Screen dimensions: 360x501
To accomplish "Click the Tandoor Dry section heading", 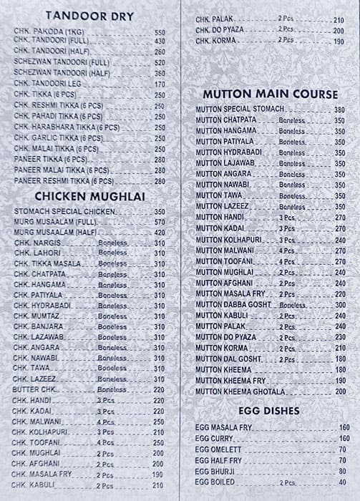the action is pyautogui.click(x=89, y=16).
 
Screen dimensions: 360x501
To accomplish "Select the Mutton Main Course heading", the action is pyautogui.click(x=270, y=94).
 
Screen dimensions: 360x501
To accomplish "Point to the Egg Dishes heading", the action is pyautogui.click(x=270, y=411).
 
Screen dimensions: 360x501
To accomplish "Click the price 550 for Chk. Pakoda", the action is pyautogui.click(x=159, y=33).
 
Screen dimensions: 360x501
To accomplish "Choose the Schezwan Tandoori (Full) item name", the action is pyautogui.click(x=62, y=63).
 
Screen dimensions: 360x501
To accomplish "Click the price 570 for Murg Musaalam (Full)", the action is pyautogui.click(x=159, y=222).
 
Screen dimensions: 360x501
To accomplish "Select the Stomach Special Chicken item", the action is pyautogui.click(x=64, y=212).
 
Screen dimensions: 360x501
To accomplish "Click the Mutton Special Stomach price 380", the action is pyautogui.click(x=339, y=110).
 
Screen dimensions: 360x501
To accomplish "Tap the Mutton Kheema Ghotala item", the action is pyautogui.click(x=240, y=391).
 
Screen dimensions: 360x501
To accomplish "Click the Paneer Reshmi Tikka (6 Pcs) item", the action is pyautogui.click(x=60, y=181).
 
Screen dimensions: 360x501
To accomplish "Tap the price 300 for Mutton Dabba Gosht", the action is pyautogui.click(x=339, y=304).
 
